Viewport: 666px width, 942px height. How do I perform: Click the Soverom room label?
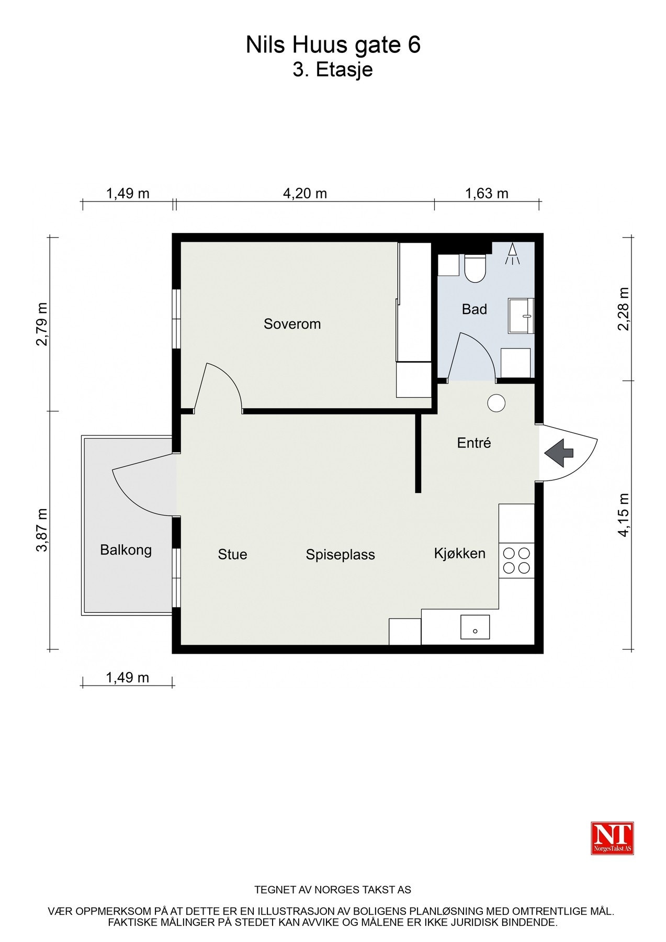(292, 324)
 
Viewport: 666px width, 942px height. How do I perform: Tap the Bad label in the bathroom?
(474, 309)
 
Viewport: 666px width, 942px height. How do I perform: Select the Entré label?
(474, 443)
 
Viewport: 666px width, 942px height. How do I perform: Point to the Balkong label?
(126, 550)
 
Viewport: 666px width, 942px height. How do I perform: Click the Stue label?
(232, 554)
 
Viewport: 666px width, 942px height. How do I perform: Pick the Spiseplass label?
(340, 555)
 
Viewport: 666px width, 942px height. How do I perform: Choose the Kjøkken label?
(459, 553)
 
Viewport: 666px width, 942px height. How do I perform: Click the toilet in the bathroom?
(476, 268)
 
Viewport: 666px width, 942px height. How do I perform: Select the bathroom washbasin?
(521, 316)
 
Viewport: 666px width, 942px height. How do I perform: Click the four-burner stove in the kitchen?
(516, 560)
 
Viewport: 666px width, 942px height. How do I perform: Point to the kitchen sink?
(475, 627)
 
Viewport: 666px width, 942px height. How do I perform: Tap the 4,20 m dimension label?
(305, 194)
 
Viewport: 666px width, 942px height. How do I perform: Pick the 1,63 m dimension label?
(487, 194)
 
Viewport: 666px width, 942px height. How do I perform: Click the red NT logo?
(612, 838)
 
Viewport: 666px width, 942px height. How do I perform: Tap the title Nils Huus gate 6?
(333, 46)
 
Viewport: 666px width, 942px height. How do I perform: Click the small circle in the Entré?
(496, 403)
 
